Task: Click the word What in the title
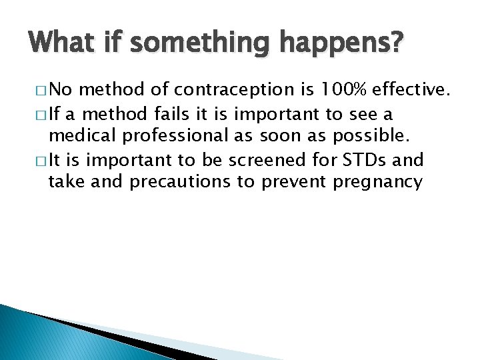pos(61,43)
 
